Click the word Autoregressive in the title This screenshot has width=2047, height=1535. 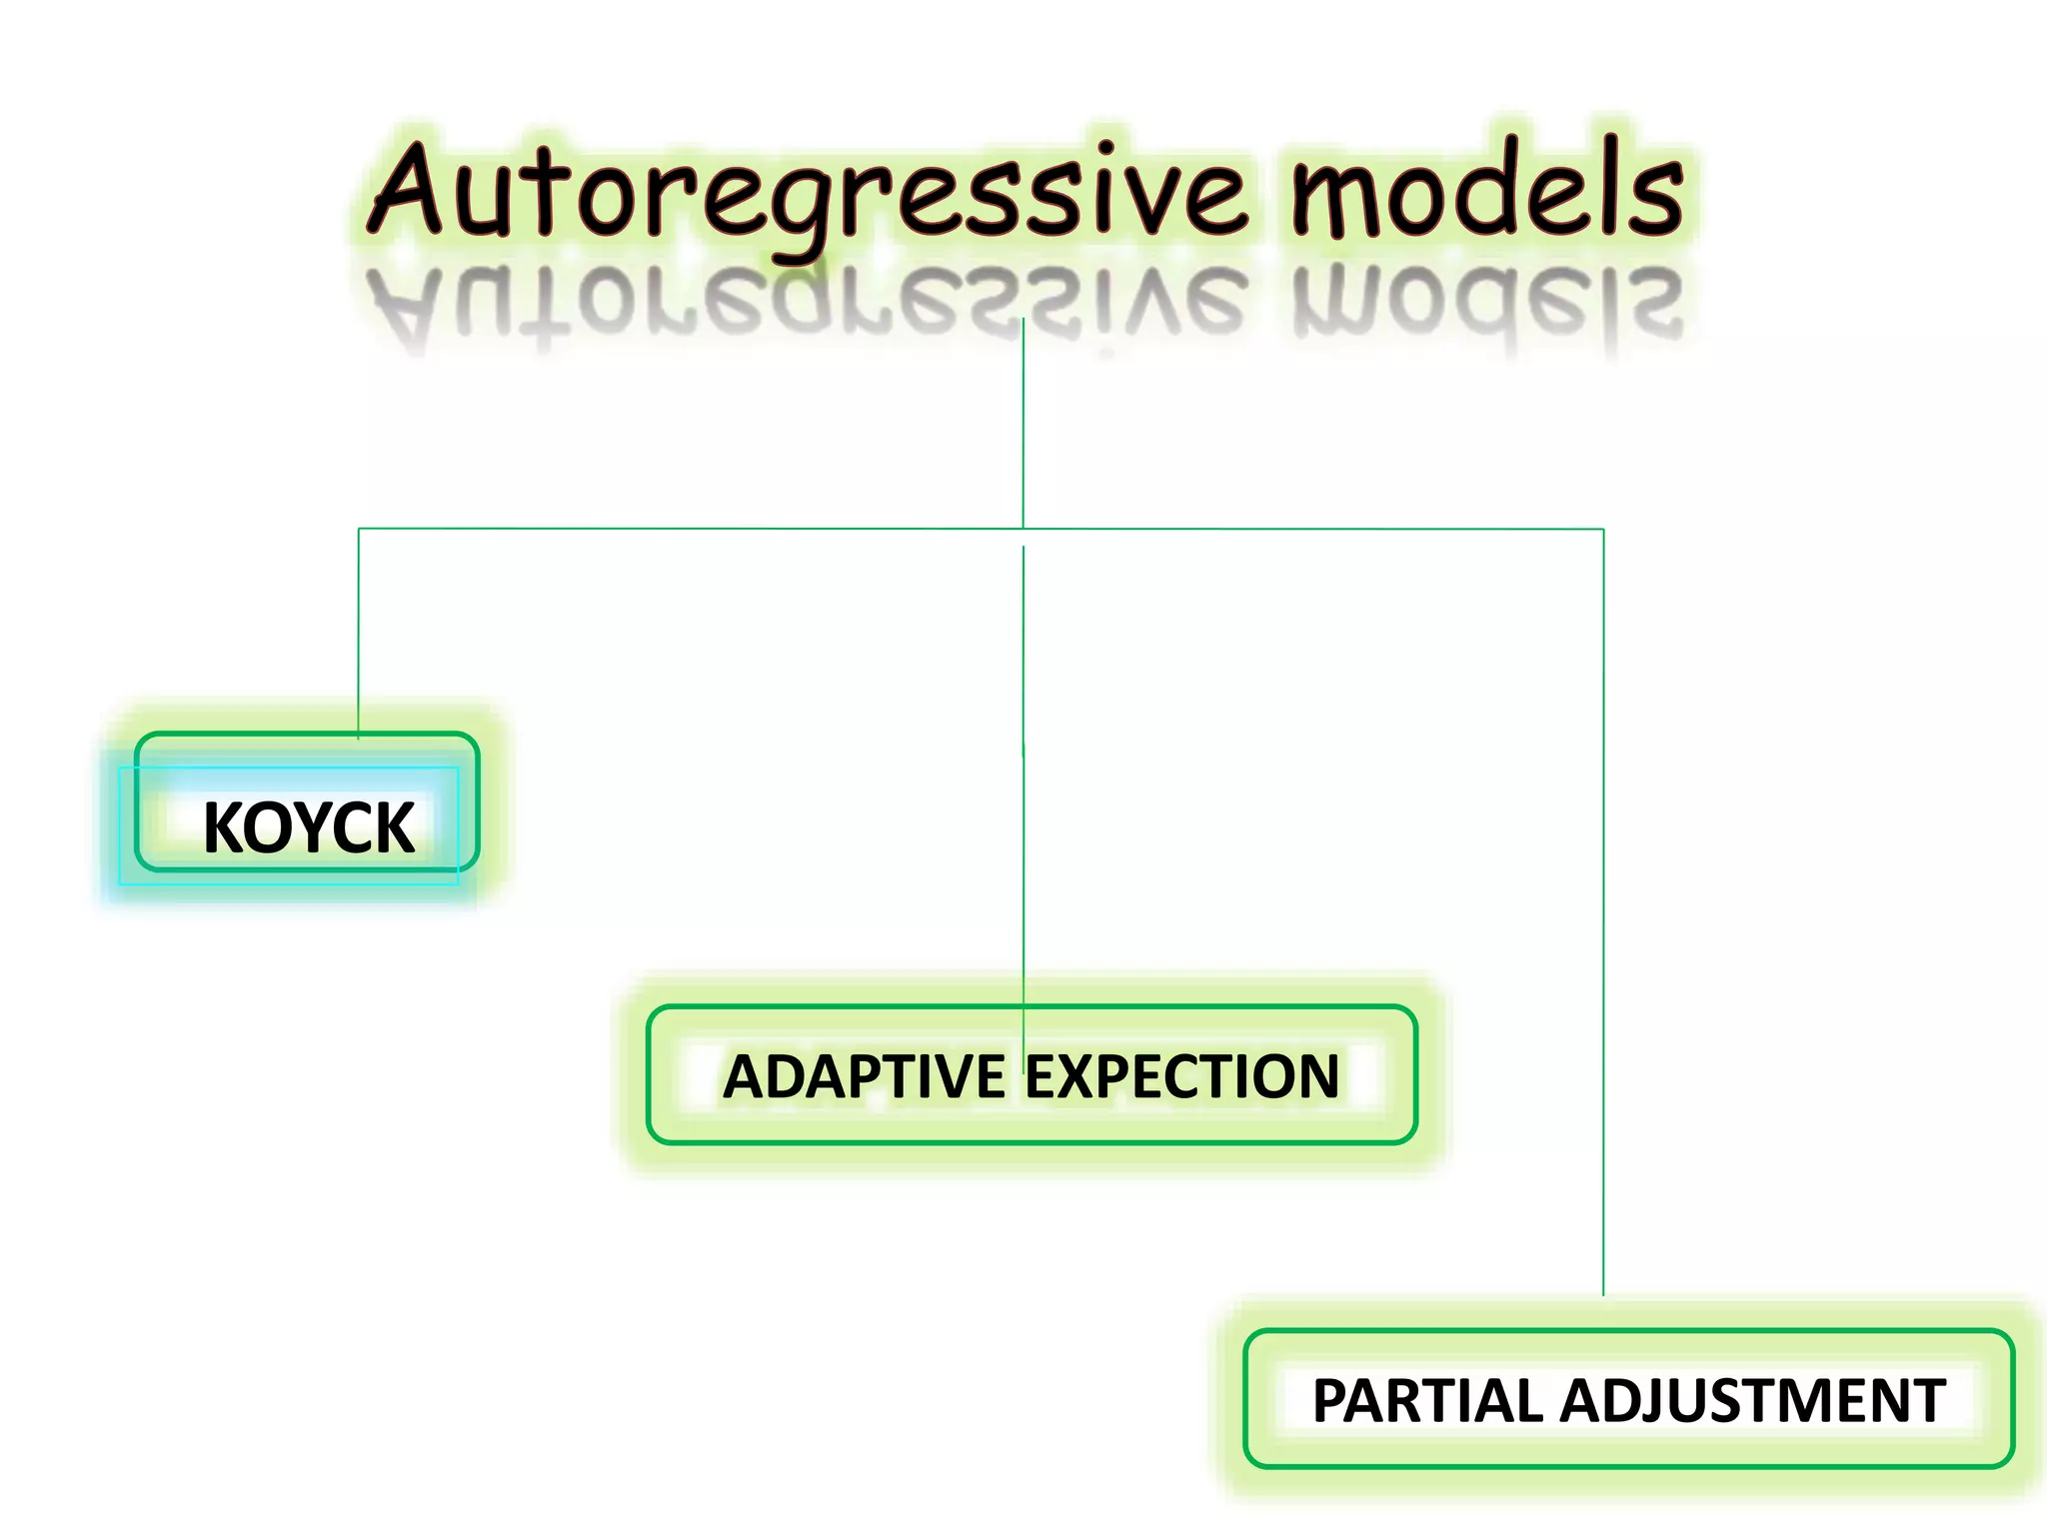tap(810, 195)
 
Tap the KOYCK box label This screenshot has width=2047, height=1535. tap(308, 827)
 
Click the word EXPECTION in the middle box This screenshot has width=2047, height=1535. tap(1182, 1077)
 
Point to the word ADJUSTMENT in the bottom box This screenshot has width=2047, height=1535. tap(1753, 1401)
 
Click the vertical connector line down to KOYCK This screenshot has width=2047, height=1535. tap(359, 630)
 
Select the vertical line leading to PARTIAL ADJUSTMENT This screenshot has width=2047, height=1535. tap(1603, 899)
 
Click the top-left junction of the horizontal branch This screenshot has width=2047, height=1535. tap(359, 529)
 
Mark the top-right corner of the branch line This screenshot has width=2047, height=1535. tap(1603, 530)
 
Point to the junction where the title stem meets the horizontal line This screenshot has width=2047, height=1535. tap(1023, 529)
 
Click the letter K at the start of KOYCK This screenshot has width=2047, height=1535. tap(221, 827)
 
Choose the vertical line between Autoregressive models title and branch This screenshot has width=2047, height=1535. tap(1023, 430)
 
